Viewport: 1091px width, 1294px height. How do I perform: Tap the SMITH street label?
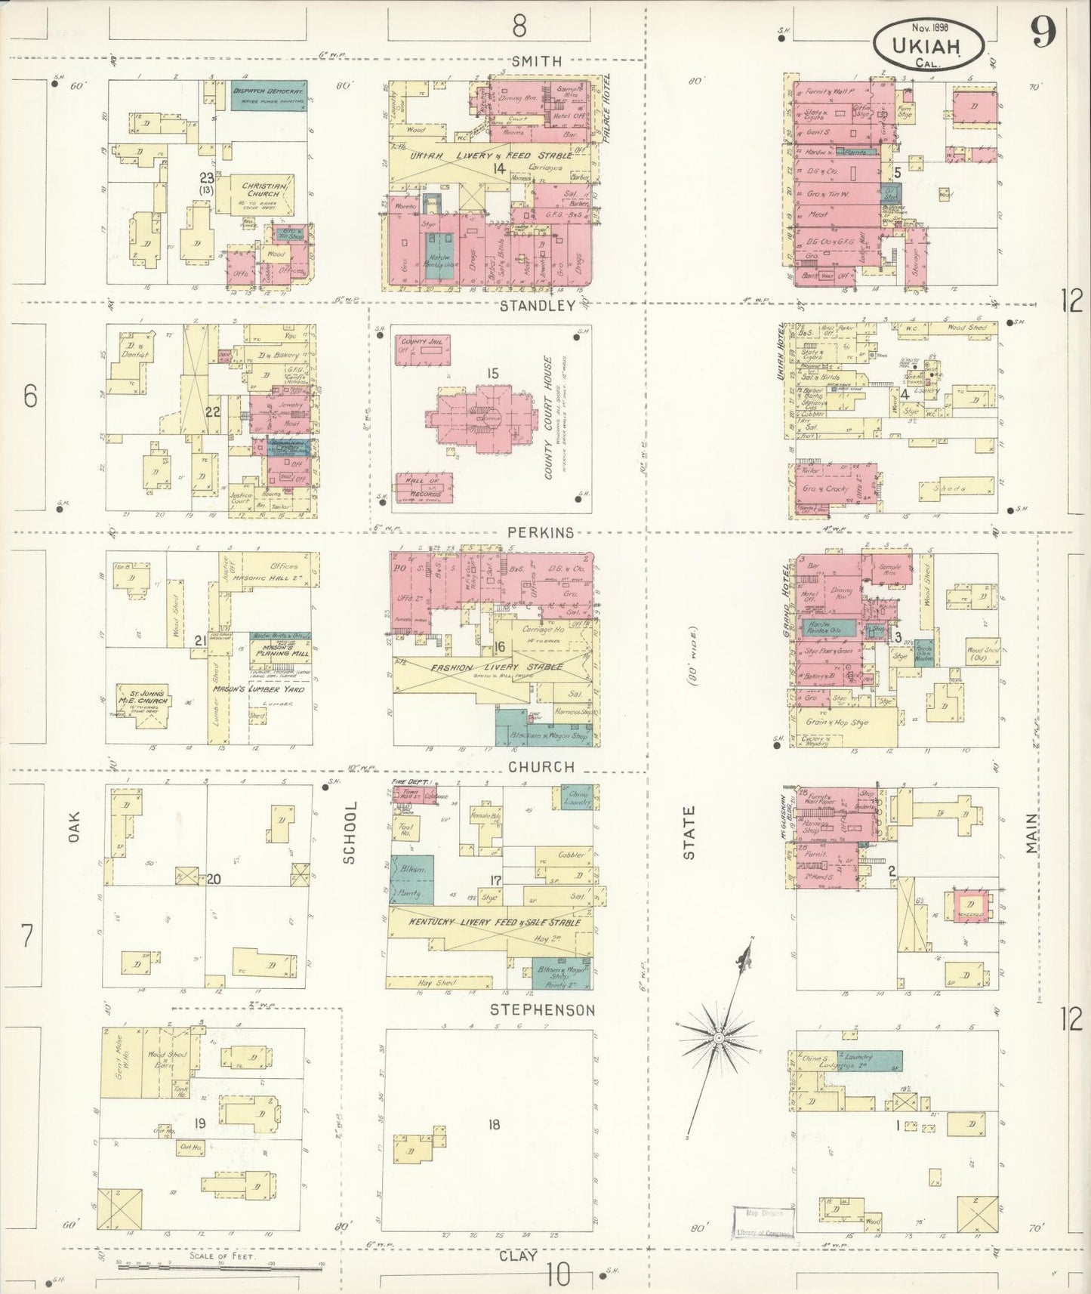(x=536, y=61)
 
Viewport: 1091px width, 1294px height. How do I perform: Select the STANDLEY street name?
(x=538, y=306)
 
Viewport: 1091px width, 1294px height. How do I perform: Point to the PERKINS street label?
(x=540, y=532)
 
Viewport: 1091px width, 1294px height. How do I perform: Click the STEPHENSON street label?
(x=542, y=1009)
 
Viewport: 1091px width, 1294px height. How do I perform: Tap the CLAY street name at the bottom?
(x=518, y=1255)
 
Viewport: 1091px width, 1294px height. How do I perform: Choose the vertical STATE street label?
(x=689, y=832)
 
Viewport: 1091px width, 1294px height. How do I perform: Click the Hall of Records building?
(x=423, y=487)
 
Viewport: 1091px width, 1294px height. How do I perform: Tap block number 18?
(x=493, y=1125)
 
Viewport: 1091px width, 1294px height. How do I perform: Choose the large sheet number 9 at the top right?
(x=1043, y=32)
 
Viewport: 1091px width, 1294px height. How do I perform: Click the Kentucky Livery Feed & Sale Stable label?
(x=495, y=923)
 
